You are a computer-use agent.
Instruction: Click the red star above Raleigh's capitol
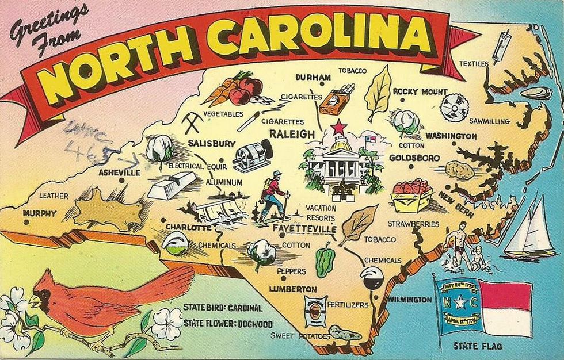point(338,127)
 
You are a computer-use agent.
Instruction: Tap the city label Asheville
point(119,172)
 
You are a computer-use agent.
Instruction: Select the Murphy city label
point(40,213)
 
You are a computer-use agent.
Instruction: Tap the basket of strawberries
point(411,195)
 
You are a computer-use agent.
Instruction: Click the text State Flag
point(477,346)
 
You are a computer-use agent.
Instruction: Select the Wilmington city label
point(409,300)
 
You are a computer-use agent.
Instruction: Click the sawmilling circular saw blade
point(455,108)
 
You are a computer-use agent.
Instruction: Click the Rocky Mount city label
point(420,91)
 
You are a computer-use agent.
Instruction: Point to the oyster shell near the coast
point(536,93)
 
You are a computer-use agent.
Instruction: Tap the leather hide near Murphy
point(109,211)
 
